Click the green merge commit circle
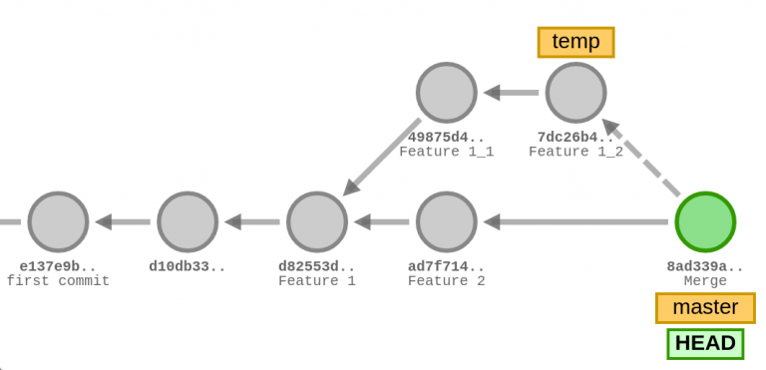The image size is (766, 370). click(705, 221)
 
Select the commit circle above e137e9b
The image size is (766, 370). click(58, 221)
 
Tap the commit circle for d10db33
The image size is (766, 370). click(188, 221)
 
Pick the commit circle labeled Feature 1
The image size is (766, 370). click(317, 221)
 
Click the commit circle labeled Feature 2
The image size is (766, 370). click(447, 221)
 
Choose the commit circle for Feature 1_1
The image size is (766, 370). click(447, 93)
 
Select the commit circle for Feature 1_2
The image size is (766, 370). click(576, 93)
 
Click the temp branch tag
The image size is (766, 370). click(575, 42)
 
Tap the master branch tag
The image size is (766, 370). click(705, 307)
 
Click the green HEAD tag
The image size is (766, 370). click(705, 344)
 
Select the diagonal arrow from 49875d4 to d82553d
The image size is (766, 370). click(382, 158)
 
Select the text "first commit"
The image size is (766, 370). click(58, 281)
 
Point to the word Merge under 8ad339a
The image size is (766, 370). click(705, 281)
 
